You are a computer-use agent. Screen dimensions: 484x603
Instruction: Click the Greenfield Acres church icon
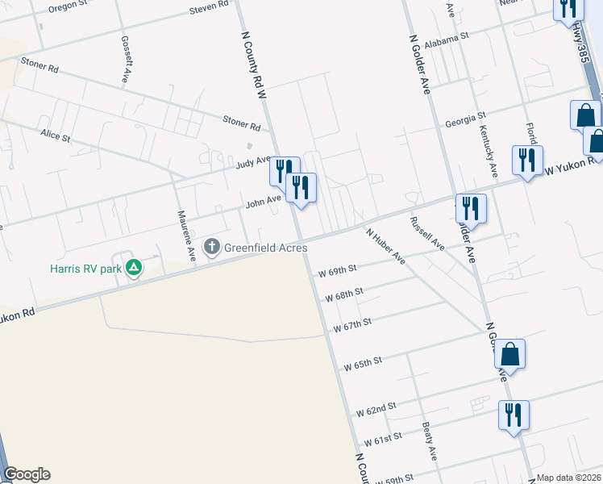click(212, 246)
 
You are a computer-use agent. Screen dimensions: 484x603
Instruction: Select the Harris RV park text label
click(84, 267)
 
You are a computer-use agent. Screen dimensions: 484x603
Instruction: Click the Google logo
click(27, 474)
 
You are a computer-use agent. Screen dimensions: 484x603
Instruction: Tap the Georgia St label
click(465, 122)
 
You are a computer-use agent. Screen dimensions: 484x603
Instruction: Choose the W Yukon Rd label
click(572, 165)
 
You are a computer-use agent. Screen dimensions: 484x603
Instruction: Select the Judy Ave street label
click(253, 164)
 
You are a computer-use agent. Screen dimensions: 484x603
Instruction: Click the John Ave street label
click(263, 201)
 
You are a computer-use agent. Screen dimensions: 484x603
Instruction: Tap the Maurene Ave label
click(186, 236)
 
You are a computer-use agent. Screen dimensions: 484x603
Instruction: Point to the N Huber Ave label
click(385, 246)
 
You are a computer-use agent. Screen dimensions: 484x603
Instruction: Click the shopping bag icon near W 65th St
click(509, 353)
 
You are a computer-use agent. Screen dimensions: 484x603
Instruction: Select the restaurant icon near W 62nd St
click(514, 415)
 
